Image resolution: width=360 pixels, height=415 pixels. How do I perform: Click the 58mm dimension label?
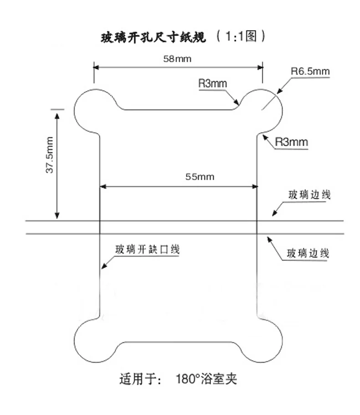tap(177, 59)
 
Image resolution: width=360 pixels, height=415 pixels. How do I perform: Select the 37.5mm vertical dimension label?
tap(50, 155)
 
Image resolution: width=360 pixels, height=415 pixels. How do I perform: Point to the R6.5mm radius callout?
tap(310, 72)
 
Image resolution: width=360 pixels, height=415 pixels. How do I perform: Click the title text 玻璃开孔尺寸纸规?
tap(153, 37)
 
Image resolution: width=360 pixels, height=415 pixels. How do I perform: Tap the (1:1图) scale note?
tap(241, 36)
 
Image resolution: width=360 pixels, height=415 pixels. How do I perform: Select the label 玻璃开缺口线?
tap(147, 249)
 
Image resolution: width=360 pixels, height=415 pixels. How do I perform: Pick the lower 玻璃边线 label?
tap(308, 254)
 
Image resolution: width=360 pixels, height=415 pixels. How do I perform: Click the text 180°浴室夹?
tap(206, 379)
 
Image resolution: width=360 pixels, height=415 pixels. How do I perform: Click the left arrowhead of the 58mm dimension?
tap(96, 67)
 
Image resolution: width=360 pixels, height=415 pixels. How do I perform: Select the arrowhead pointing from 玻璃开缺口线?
tap(103, 267)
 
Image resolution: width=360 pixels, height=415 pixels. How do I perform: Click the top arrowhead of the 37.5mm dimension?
tap(57, 114)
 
